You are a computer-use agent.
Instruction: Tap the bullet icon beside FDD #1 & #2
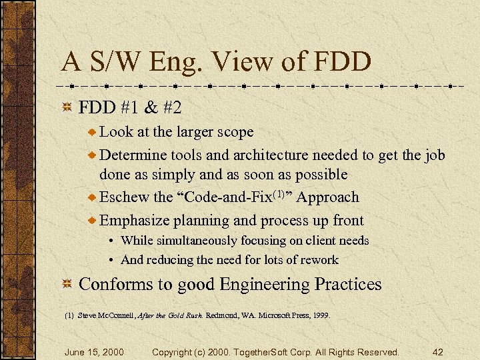(x=66, y=108)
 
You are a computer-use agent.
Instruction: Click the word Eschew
(x=125, y=197)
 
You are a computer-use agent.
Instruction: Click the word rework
(x=319, y=260)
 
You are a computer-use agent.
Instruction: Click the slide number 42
(x=438, y=351)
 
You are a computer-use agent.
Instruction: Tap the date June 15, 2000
(x=93, y=351)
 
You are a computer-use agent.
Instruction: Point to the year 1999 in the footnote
(x=319, y=315)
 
